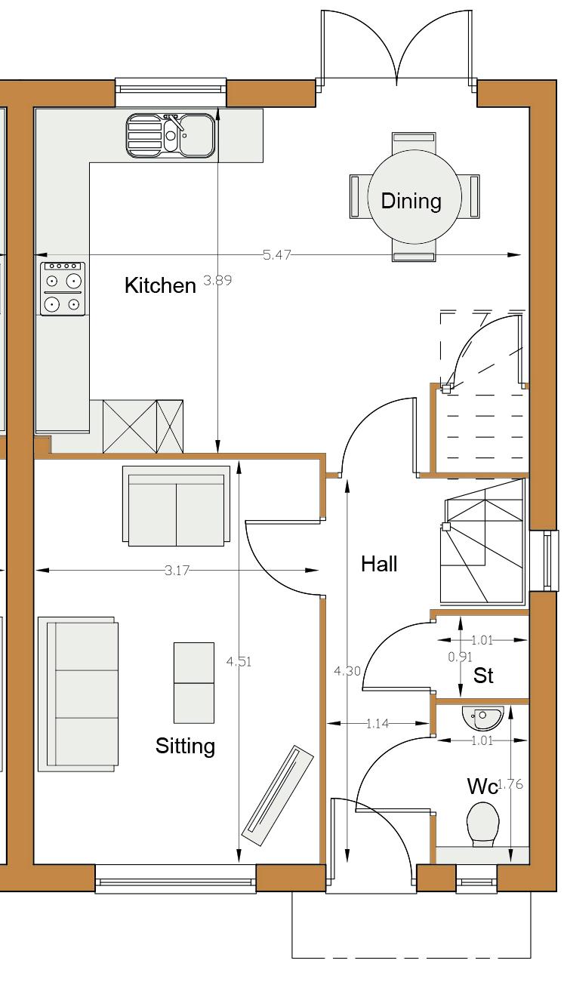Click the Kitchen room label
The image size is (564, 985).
pos(160,286)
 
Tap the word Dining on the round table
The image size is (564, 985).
pos(411,202)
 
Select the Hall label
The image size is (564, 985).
pos(379,564)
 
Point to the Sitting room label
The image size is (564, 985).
pos(185,746)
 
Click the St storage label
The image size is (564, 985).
pos(483,676)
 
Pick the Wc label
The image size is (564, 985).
pos(482,786)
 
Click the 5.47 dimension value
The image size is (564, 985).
pos(277,255)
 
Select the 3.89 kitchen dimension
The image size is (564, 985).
pos(217,280)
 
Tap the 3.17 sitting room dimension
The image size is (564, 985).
pos(177,571)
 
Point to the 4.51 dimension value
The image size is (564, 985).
pos(239,661)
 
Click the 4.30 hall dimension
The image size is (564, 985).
pos(347,671)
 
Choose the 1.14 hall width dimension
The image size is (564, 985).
pos(378,723)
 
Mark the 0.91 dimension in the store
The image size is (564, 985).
pos(460,657)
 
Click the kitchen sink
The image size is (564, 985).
pos(171,135)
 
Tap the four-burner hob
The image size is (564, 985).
pos(63,288)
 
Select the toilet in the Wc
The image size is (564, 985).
pos(482,824)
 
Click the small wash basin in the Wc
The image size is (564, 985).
pos(482,718)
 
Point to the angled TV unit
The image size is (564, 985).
pos(278,795)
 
